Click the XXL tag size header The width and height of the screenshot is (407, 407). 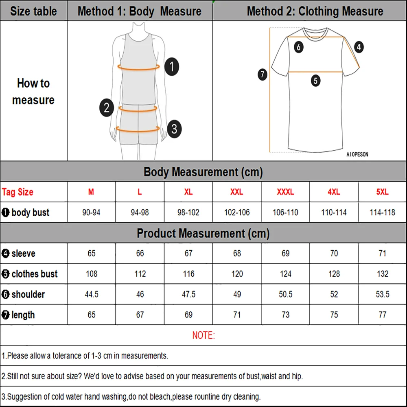point(237,192)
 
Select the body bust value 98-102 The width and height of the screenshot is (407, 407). point(188,212)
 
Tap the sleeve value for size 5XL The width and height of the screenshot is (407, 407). point(382,253)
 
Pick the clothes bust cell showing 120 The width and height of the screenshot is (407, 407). point(237,274)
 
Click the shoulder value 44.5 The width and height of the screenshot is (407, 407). point(91,294)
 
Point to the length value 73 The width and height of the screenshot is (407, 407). point(285,315)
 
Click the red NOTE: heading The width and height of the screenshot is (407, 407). point(203,335)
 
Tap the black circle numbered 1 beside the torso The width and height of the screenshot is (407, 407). point(172,66)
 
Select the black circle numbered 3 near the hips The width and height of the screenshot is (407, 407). point(174,129)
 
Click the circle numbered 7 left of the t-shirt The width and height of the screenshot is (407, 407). point(263,74)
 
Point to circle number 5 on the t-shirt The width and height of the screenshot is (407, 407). point(316,81)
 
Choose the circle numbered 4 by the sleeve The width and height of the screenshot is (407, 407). point(358,47)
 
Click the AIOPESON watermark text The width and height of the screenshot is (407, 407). point(357,155)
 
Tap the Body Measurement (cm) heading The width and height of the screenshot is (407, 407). point(203,172)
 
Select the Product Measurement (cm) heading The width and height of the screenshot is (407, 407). point(203,233)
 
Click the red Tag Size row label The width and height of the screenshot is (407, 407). point(18,192)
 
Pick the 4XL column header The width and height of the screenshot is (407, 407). point(334,192)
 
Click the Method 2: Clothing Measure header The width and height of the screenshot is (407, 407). point(315,11)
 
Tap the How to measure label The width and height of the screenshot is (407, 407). point(33,92)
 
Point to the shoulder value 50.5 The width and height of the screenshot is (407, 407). point(285,294)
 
